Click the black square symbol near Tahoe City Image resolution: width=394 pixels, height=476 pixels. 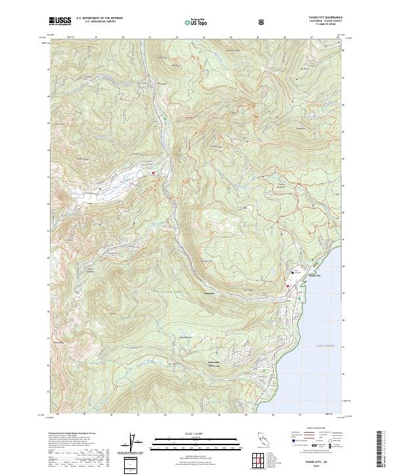292,272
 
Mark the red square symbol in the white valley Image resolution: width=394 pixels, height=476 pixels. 154,173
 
